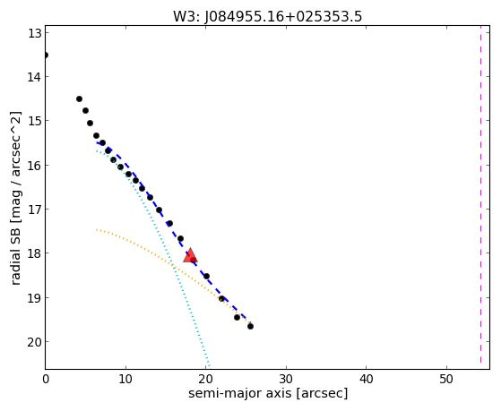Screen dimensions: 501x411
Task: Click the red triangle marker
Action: (190, 255)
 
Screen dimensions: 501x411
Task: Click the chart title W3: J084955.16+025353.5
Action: (267, 17)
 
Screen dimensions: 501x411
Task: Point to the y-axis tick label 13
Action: (35, 33)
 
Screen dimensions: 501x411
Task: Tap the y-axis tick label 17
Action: (35, 210)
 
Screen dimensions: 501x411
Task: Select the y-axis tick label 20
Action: (35, 342)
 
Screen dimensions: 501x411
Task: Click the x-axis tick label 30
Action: (286, 380)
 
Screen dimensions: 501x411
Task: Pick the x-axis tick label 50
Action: (446, 380)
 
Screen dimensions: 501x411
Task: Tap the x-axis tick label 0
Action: (46, 380)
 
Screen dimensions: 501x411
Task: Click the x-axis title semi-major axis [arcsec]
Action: (268, 393)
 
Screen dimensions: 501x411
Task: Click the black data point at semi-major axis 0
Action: (46, 56)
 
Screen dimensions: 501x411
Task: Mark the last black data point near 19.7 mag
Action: (251, 326)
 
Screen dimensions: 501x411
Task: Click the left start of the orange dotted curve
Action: (97, 229)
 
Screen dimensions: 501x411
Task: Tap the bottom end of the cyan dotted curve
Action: (210, 366)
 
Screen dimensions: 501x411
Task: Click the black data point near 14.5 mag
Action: (79, 99)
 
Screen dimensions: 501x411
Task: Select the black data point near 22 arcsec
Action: (221, 298)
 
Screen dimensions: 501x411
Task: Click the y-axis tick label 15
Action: (35, 121)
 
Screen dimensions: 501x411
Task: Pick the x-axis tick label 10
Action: (125, 380)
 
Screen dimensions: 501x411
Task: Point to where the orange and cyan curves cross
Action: (173, 265)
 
